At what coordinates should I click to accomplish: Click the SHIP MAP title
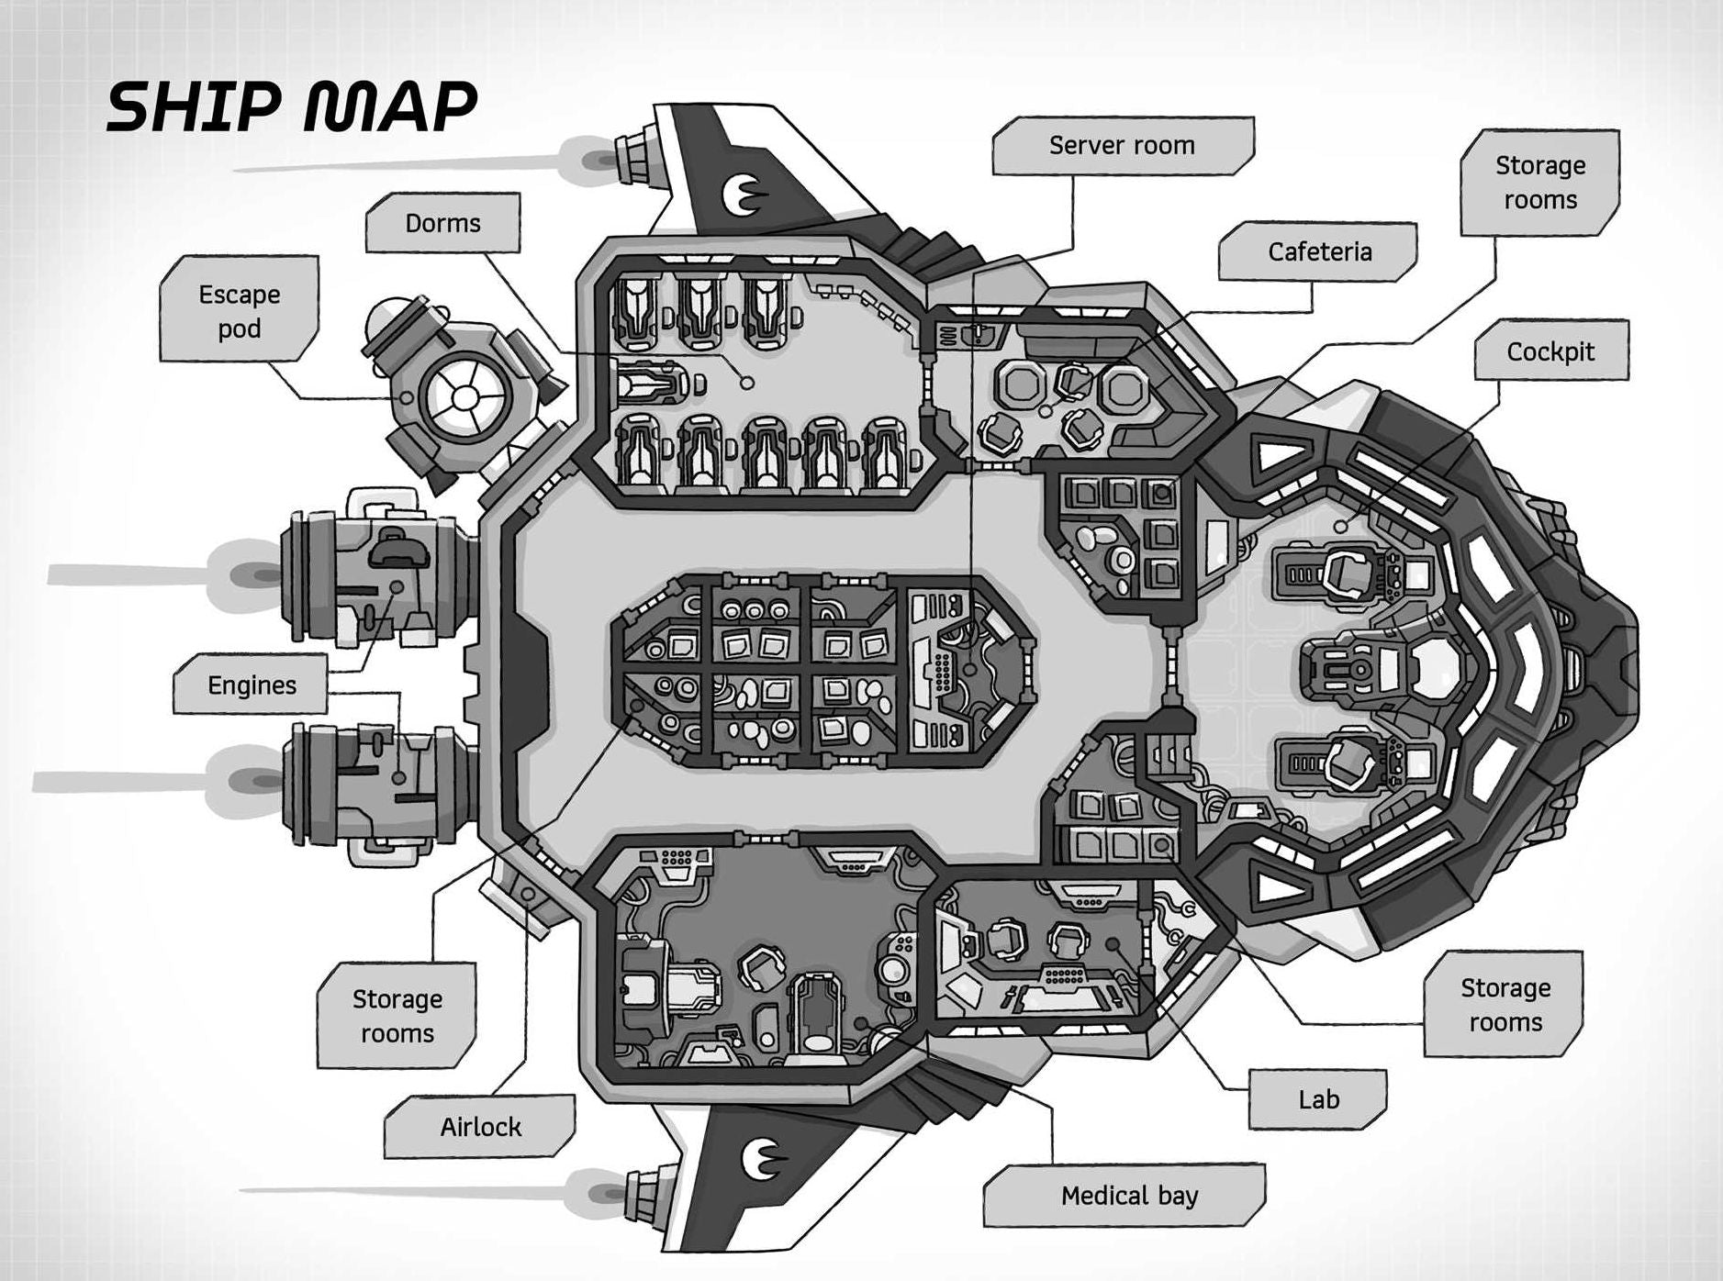click(292, 106)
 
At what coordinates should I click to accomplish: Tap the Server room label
click(1122, 145)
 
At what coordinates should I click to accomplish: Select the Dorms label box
click(442, 223)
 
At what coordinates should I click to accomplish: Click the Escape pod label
click(239, 311)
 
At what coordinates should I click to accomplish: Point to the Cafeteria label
click(1319, 251)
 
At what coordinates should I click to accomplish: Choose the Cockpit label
click(1550, 351)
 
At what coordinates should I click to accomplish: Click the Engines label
click(252, 685)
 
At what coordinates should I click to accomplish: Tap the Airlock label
click(480, 1126)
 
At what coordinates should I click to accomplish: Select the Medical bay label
click(1129, 1196)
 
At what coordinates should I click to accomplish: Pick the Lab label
click(1318, 1099)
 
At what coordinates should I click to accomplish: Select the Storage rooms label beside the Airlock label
click(397, 1016)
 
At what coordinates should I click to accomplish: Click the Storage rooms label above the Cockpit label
click(1539, 183)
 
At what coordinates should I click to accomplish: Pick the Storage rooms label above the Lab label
click(1505, 1005)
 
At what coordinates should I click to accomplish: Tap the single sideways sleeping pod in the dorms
click(650, 383)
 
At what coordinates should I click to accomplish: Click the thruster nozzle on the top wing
click(633, 157)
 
